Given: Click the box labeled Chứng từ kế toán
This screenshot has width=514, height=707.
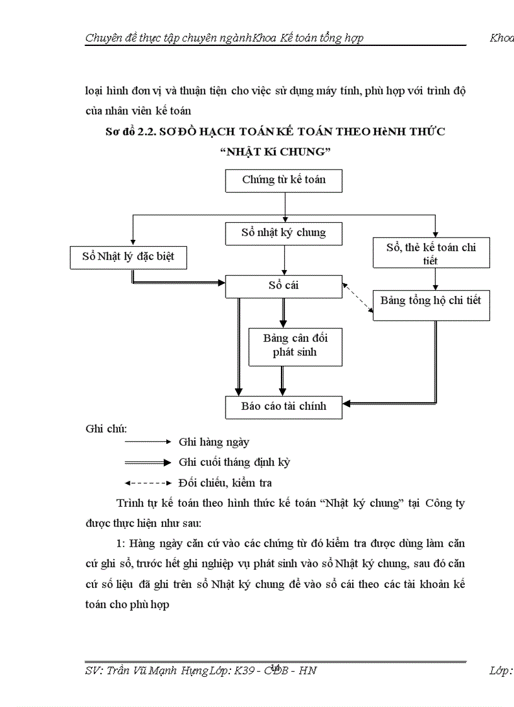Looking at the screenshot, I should tap(283, 180).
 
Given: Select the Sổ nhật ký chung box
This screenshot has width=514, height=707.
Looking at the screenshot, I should tap(283, 233).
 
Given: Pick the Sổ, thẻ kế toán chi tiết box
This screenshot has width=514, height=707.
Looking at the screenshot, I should tap(431, 254).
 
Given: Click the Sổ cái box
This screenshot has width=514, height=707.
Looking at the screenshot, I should tap(283, 286).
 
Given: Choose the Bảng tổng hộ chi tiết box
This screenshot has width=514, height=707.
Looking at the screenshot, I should tap(431, 301).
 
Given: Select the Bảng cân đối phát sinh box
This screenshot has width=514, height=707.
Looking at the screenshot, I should tap(295, 346).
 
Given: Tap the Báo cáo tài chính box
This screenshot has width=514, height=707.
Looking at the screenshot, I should tap(283, 406).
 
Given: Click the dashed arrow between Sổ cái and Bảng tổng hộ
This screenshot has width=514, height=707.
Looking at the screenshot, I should tap(358, 298).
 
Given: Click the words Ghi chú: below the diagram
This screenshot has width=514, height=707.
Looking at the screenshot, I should tap(106, 429).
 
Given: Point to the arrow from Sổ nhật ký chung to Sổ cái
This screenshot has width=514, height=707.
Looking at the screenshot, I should tap(285, 260).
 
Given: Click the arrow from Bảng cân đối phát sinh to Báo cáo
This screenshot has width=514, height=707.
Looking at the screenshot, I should tap(283, 380).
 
